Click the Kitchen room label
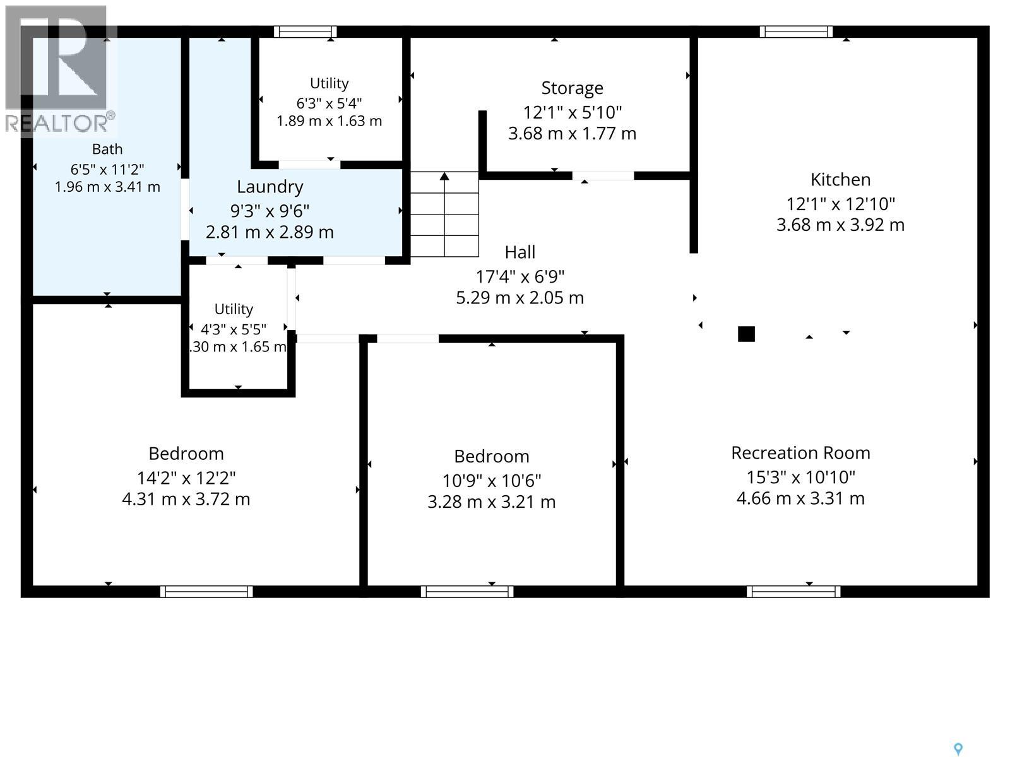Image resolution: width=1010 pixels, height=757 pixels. [x=840, y=180]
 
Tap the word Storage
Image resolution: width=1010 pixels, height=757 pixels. [x=572, y=88]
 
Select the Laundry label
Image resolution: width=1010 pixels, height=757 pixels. [x=270, y=187]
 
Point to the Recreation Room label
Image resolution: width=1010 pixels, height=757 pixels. [x=800, y=453]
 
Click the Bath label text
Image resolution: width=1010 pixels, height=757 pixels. [x=107, y=149]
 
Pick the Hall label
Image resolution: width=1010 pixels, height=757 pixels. [x=520, y=252]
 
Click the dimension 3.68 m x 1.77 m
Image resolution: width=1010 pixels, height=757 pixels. [x=572, y=134]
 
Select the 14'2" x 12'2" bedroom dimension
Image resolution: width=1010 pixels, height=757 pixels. [x=186, y=478]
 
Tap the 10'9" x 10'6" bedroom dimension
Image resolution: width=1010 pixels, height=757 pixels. [x=491, y=481]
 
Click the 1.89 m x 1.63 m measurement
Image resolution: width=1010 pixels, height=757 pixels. [x=329, y=121]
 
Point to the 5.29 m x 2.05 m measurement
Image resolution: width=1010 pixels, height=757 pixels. [x=520, y=298]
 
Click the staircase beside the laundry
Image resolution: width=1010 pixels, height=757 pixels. [x=444, y=214]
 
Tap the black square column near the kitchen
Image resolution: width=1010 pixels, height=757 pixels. [x=746, y=334]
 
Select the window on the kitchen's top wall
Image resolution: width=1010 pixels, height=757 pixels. [x=796, y=32]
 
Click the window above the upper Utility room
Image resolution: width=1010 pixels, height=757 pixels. [x=305, y=32]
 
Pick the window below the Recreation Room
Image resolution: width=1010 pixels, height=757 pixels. [x=793, y=592]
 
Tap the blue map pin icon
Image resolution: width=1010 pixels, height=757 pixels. [x=958, y=749]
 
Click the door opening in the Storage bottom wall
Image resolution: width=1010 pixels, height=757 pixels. [x=603, y=175]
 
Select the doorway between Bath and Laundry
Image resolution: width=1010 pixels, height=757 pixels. [x=185, y=209]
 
